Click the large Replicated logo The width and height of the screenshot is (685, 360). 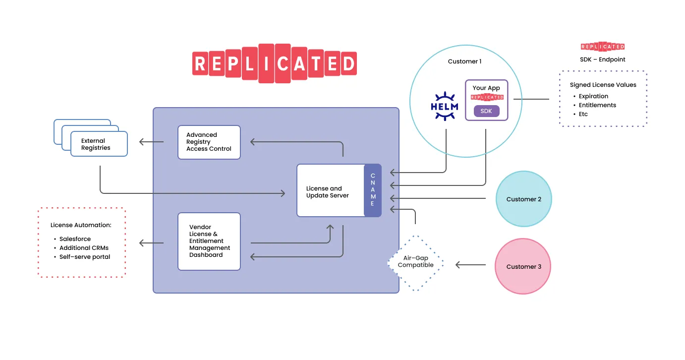[274, 63]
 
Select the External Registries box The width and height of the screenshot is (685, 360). [99, 144]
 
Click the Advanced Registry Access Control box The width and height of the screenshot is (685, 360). [209, 142]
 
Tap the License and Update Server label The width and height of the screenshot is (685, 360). [327, 192]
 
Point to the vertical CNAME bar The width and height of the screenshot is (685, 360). [373, 190]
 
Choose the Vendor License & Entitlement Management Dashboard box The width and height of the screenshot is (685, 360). [209, 241]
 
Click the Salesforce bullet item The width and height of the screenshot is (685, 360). [75, 239]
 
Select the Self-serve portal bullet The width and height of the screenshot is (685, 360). [84, 257]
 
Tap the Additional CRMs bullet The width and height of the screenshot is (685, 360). [83, 248]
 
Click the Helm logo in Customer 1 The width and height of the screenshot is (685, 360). [444, 106]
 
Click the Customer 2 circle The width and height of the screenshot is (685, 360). [523, 199]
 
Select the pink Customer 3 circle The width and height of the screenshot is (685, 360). [523, 266]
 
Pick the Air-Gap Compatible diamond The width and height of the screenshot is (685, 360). [415, 262]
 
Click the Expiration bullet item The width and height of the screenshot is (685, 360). [593, 96]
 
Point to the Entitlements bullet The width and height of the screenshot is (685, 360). [597, 105]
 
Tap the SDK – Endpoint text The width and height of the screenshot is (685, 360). [603, 60]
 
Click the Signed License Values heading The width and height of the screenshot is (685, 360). [603, 85]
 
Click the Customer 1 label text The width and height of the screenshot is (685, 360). [464, 61]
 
